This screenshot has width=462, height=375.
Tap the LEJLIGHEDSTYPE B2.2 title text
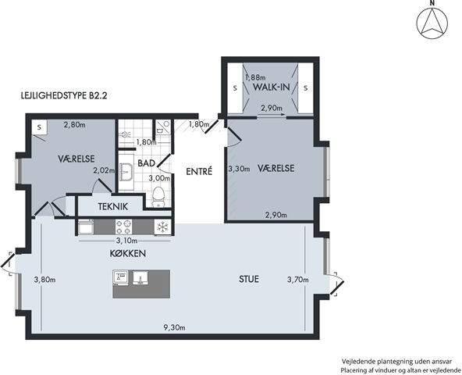point(64,96)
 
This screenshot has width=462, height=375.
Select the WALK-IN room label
point(272,87)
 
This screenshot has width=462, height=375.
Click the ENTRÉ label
point(199,171)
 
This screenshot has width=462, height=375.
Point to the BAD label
point(147,163)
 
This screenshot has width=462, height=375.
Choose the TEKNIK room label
point(113,206)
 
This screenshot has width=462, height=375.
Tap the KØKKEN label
point(128,253)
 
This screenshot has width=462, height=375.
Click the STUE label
point(249,279)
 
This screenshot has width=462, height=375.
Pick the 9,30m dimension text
point(175,327)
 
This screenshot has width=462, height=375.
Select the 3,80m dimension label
point(44,280)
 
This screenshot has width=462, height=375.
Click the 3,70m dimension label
point(298,280)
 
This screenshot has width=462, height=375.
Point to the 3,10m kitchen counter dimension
point(126,241)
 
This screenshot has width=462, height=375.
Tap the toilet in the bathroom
point(158,197)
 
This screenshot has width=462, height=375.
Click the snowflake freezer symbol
point(162,227)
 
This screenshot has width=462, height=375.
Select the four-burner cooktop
point(123,227)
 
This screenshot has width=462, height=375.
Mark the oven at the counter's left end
point(86,227)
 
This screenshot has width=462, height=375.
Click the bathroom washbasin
point(126,171)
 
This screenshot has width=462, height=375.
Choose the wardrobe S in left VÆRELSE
point(39,127)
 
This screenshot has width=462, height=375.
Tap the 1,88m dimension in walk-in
point(256,77)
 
